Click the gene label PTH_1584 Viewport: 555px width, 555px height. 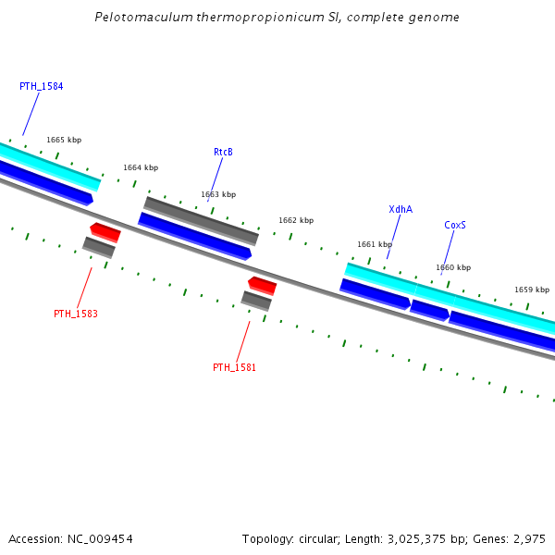pos(41,86)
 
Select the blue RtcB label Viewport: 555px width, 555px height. pos(223,152)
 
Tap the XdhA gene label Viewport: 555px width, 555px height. pos(401,209)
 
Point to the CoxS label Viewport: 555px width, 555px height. pos(455,225)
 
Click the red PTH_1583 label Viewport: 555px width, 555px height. pos(76,314)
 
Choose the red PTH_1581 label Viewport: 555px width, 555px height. pos(235,367)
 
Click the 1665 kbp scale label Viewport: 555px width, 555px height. pos(64,140)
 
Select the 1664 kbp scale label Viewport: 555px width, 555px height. pos(141,167)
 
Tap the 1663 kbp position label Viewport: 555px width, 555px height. pos(218,194)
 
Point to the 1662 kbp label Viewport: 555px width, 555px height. pos(296,220)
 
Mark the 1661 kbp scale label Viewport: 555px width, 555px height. pos(375,244)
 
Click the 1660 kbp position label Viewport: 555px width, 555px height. pos(453,267)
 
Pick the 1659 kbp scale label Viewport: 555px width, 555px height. pos(532,290)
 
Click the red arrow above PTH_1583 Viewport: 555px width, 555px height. pos(105,231)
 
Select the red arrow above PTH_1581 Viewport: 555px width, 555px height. pos(262,284)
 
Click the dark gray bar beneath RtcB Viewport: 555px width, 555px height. pos(201,220)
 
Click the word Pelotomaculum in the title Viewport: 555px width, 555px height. pos(137,18)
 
